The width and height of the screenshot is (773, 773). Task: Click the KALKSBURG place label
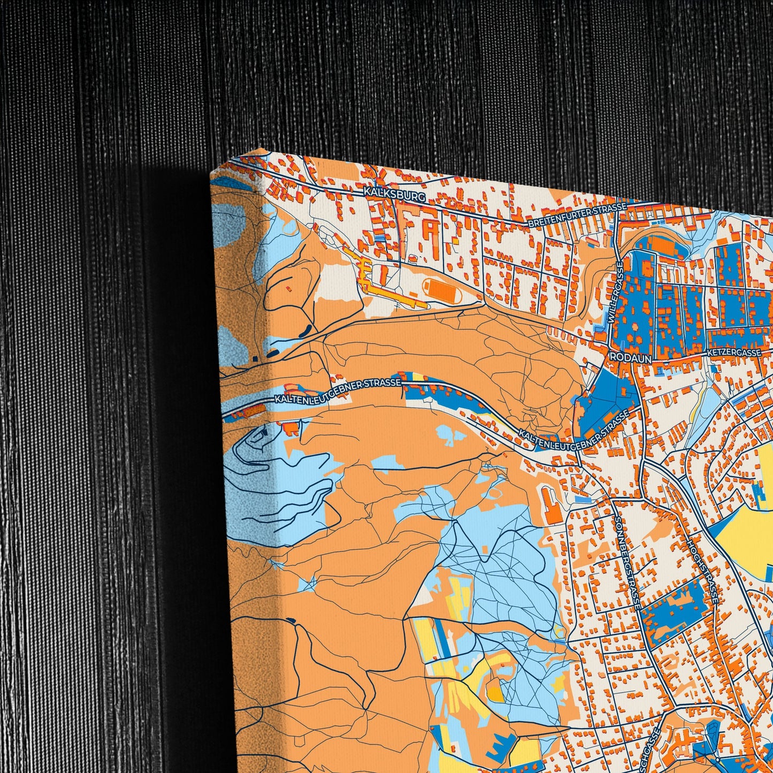click(x=394, y=194)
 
